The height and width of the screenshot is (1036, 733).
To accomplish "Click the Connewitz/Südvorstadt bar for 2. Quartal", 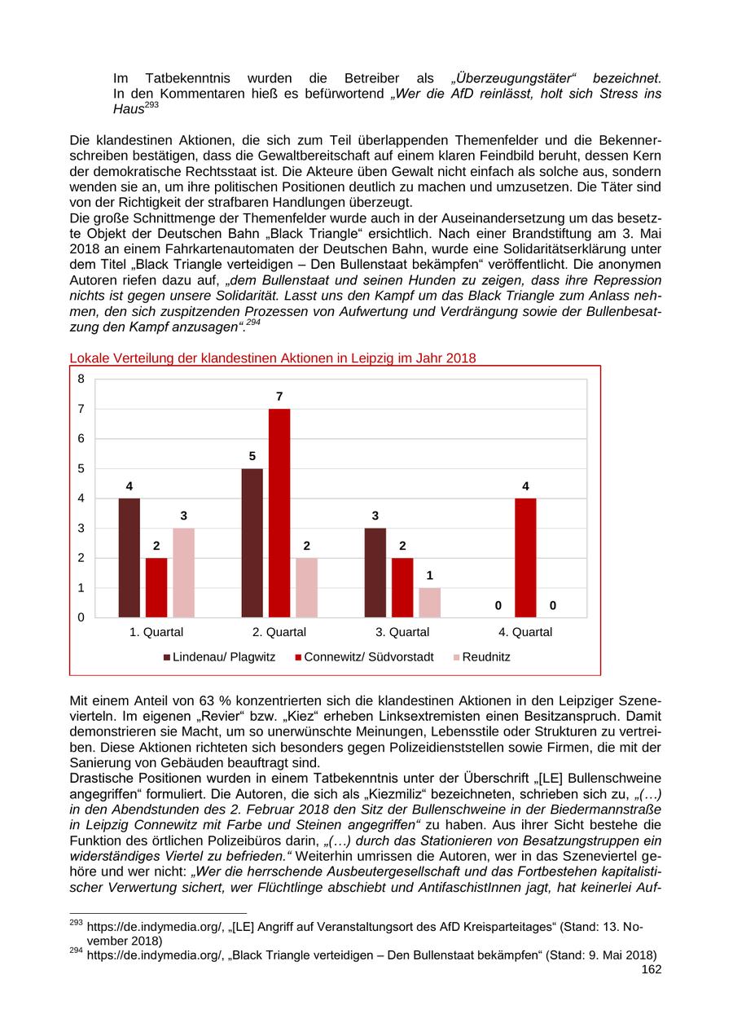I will [x=279, y=513].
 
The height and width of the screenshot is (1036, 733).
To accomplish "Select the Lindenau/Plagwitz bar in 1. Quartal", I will [x=129, y=558].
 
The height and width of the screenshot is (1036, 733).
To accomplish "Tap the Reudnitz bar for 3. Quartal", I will [x=429, y=603].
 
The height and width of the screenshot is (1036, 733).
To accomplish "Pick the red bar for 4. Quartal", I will [x=525, y=558].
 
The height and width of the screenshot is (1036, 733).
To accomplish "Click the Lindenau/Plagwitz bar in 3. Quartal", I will [x=375, y=573].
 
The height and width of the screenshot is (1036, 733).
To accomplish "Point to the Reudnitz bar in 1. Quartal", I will [x=183, y=573].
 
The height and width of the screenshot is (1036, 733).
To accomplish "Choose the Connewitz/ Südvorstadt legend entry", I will [x=363, y=656].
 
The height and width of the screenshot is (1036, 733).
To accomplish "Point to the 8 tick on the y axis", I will [x=81, y=379].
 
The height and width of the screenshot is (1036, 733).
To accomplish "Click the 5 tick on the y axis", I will [x=81, y=468].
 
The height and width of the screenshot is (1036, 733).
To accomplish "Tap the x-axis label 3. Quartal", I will [x=402, y=632].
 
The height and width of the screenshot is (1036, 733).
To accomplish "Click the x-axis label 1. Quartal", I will [x=156, y=632].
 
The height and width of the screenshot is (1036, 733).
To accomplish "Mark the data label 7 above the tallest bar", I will [x=279, y=397].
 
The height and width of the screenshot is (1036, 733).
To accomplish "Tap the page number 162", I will [x=652, y=969].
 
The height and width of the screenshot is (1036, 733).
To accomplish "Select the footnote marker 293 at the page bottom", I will [x=77, y=924].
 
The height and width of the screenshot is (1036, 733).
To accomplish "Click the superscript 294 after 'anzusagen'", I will [x=252, y=323].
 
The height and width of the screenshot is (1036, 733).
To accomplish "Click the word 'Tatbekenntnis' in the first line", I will [x=184, y=78].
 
